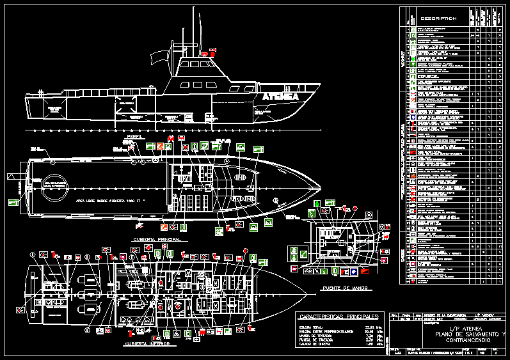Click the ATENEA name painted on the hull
[x=280, y=97]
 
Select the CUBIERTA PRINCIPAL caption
[x=156, y=239]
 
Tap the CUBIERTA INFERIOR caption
[x=148, y=343]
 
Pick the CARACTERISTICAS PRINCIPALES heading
[x=339, y=317]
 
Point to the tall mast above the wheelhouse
[x=195, y=32]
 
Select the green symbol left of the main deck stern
[x=12, y=203]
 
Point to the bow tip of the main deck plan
[x=322, y=187]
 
